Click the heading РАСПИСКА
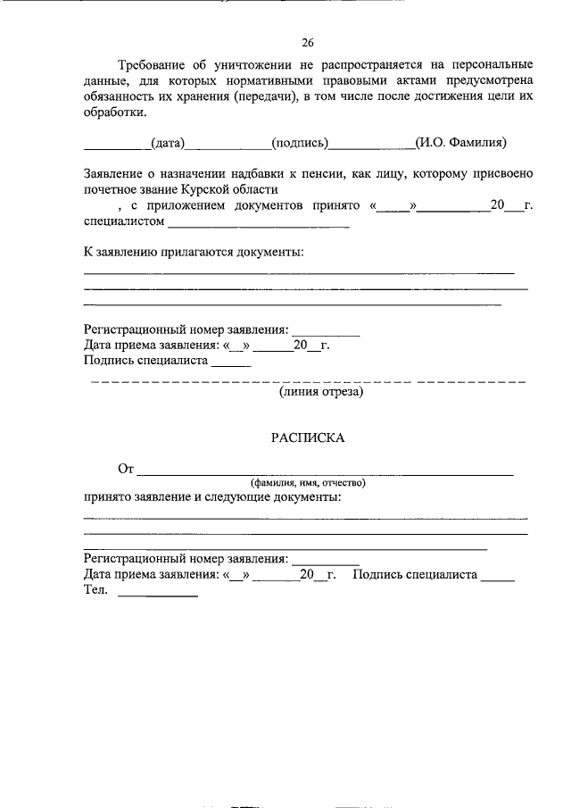click(x=307, y=437)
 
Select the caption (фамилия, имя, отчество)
click(x=308, y=482)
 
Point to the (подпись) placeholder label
click(x=301, y=142)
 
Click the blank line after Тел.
click(x=158, y=595)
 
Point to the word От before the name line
click(x=126, y=468)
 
